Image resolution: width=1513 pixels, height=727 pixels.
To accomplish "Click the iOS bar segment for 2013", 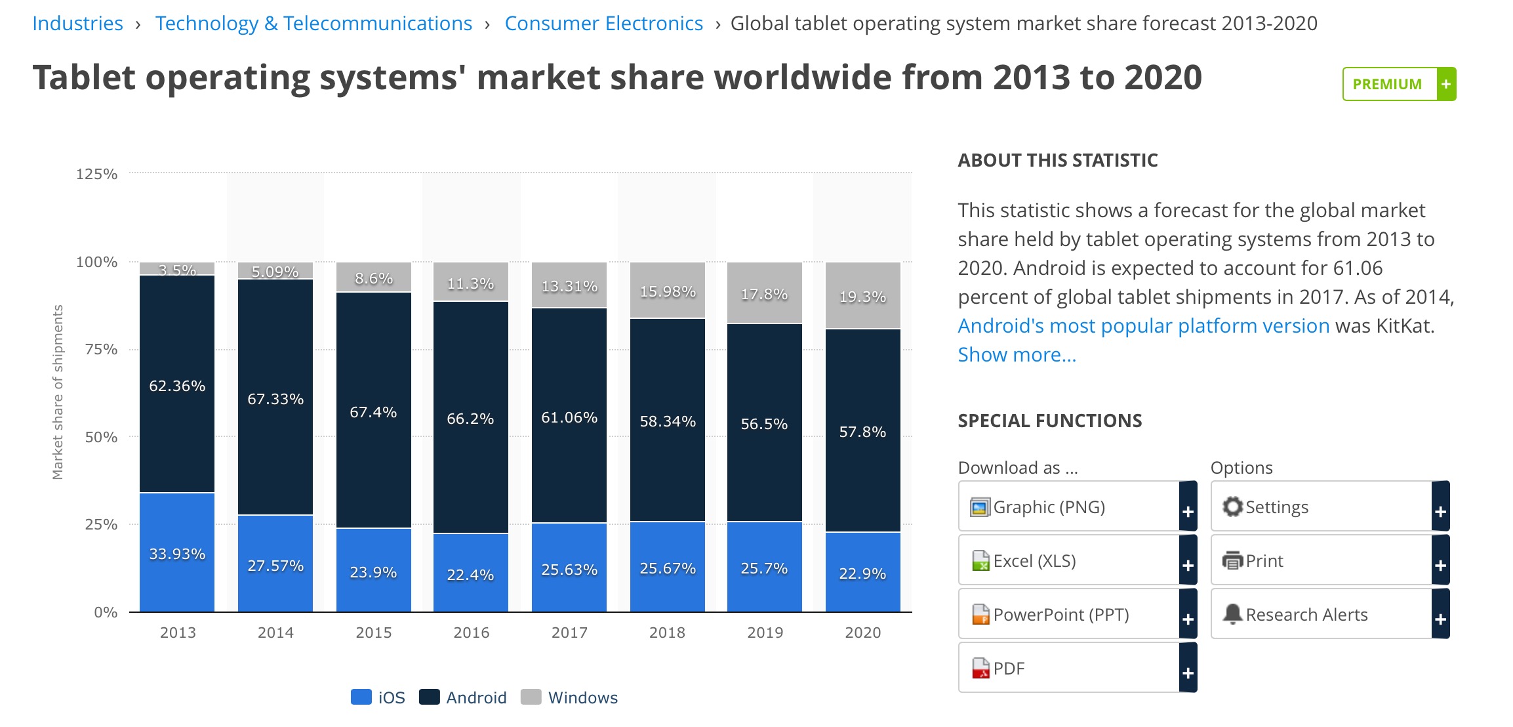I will coord(177,552).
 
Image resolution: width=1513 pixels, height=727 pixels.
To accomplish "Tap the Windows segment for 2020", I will coord(862,296).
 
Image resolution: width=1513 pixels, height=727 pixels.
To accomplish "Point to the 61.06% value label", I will coord(569,417).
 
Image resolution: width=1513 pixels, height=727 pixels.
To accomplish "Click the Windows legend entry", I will coord(569,697).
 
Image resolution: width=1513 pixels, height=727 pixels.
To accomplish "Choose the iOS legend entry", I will coord(378,697).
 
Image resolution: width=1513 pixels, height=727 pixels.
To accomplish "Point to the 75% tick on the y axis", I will coord(101,349).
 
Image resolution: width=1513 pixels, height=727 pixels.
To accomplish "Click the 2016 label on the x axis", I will coord(472,633).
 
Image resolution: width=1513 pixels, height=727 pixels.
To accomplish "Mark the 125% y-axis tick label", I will coord(96,174).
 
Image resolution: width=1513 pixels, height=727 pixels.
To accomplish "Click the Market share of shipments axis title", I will coord(58,392).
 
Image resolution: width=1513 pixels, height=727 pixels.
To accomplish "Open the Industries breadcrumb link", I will coord(77,24).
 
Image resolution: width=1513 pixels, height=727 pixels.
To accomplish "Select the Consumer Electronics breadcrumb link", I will coord(603,24).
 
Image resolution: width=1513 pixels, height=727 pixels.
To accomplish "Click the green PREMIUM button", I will coord(1399,84).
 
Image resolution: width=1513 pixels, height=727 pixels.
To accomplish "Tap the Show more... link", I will coord(1017,355).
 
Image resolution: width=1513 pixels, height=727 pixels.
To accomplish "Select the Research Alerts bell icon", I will coord(1232,613).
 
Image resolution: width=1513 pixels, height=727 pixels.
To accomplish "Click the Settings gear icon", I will coord(1232,507).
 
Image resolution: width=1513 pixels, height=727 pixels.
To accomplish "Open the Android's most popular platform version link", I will coord(1143,326).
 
